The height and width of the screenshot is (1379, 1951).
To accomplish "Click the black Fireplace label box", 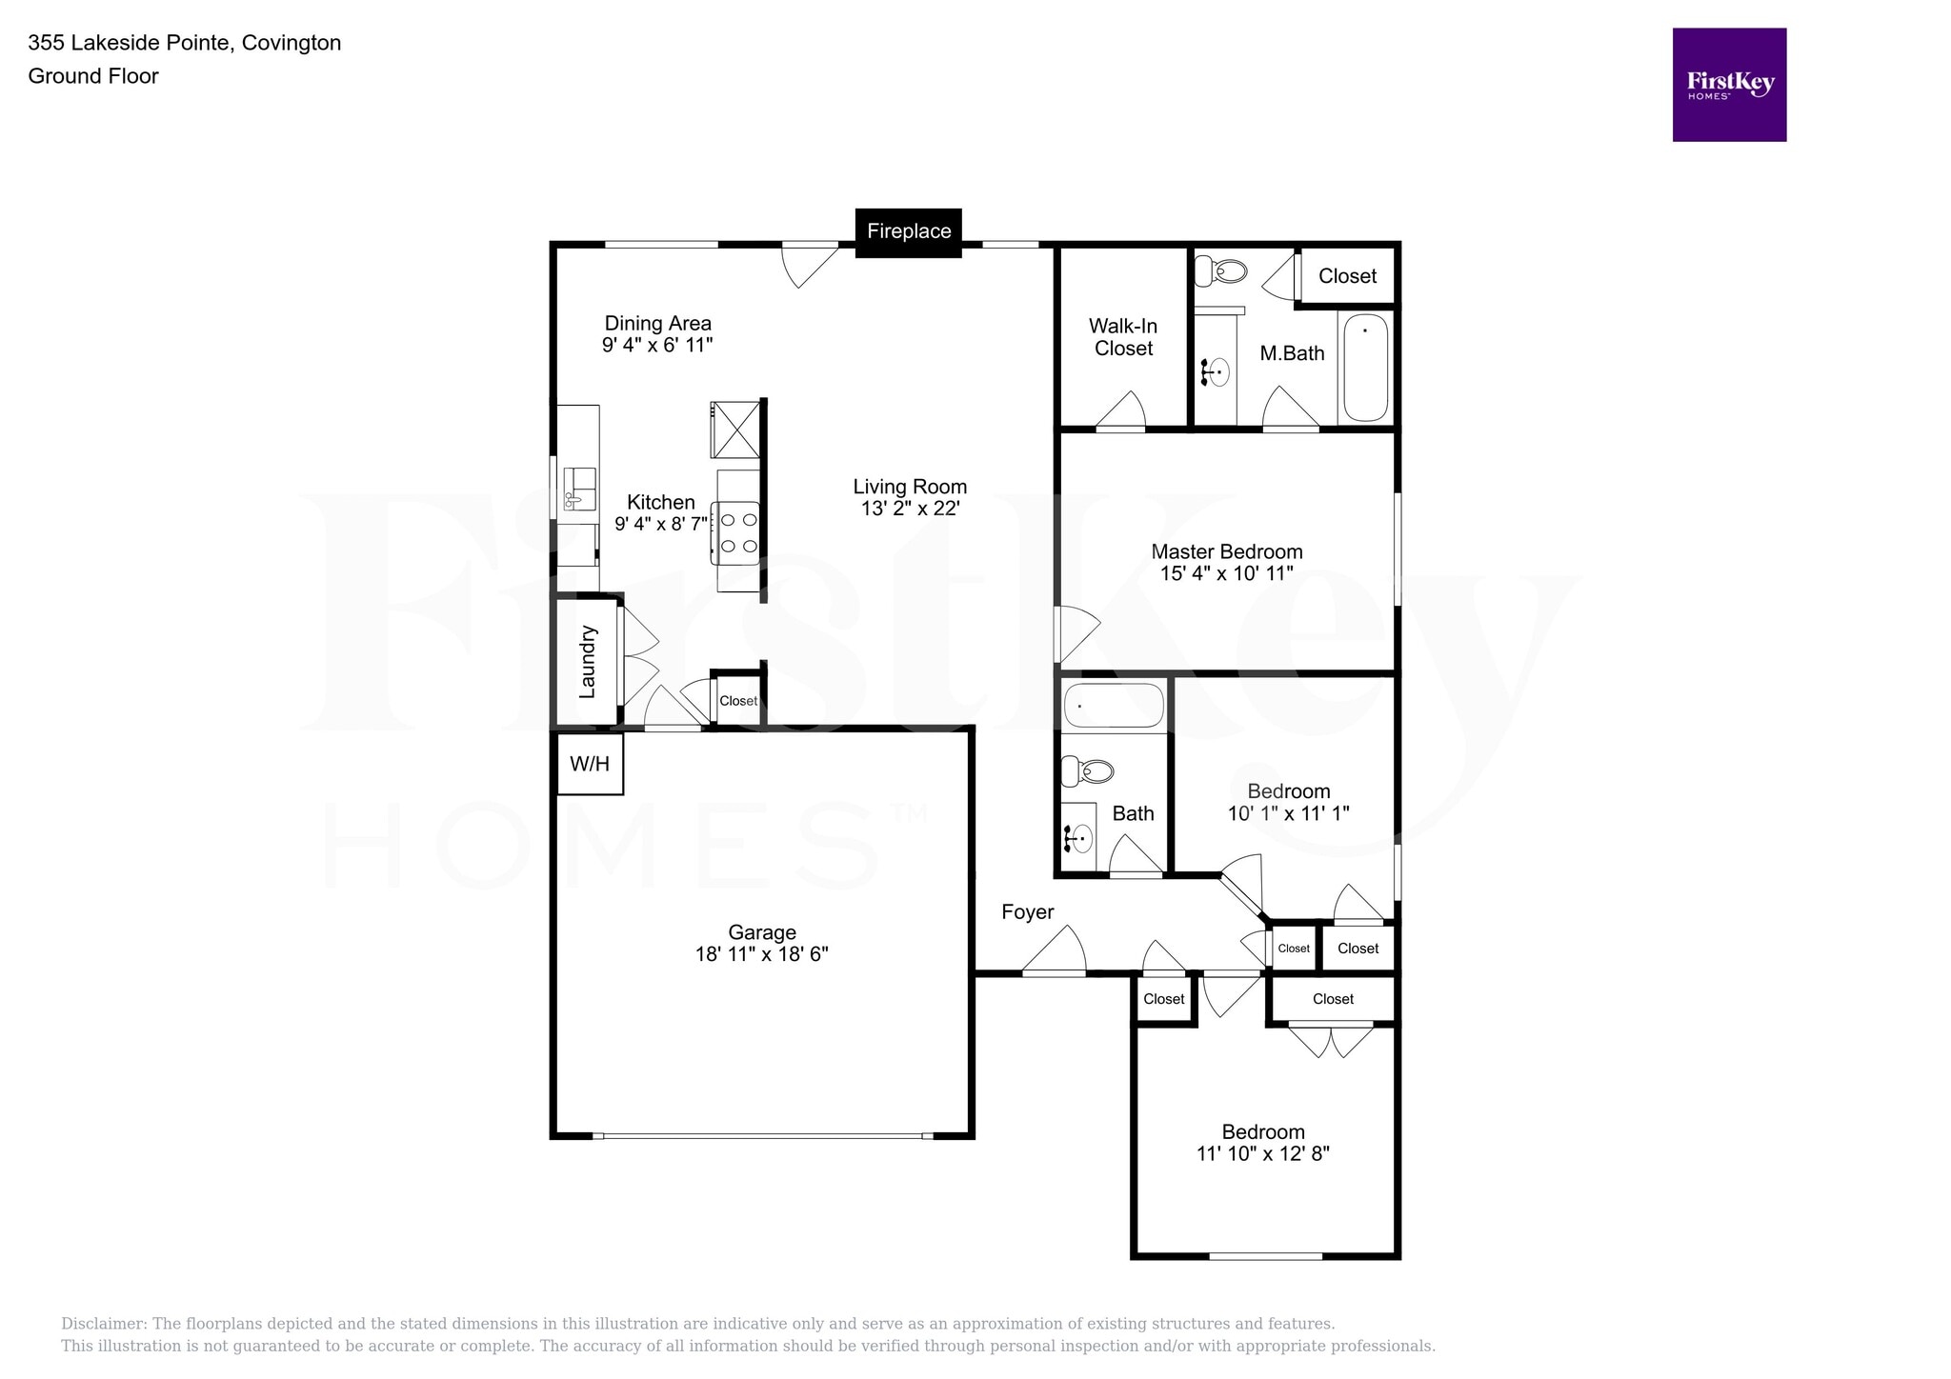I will point(908,231).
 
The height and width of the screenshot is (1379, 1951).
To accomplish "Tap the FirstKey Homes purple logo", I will point(1729,85).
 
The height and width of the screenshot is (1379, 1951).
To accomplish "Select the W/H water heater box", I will point(589,764).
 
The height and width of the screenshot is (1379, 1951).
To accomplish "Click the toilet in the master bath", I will point(1220,271).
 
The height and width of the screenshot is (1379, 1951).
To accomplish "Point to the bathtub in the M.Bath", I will point(1364,367).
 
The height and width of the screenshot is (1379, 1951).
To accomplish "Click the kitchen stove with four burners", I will point(738,532).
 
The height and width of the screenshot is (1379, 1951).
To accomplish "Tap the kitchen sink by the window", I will point(578,488).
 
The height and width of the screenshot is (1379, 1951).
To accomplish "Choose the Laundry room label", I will point(588,661).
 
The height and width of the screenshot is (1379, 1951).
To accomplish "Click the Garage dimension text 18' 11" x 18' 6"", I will point(761,954).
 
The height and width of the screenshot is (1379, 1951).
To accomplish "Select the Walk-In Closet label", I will point(1123,337).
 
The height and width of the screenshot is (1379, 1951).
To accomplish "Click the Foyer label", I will point(1027,912).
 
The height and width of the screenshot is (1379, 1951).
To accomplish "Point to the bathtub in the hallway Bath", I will point(1114,707).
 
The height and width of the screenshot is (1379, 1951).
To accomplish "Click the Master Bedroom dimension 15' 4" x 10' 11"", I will point(1226,573).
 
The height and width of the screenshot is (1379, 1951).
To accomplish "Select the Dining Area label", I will point(657,324).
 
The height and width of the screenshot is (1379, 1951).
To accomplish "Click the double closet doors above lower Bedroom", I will point(1331,1039).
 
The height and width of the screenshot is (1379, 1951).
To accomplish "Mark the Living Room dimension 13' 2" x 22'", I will point(910,509).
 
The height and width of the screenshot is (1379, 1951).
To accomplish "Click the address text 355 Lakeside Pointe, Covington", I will point(185,43).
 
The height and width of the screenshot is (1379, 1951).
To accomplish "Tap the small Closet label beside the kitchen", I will point(738,701).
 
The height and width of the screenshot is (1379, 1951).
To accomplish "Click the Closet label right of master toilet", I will point(1347,276).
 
